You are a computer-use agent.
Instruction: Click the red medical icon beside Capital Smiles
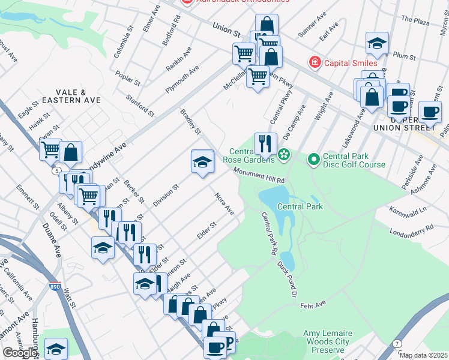coord(313,62)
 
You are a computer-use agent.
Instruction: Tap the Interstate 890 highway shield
coord(55,287)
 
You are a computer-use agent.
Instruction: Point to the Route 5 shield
coord(56,171)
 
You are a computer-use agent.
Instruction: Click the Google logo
coord(20,353)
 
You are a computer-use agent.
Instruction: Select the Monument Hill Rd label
coord(259,176)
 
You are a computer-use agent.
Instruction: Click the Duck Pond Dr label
coord(288,272)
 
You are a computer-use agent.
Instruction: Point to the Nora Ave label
coord(224,203)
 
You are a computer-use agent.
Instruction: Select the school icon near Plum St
coord(376,43)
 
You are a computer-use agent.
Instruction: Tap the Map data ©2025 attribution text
coord(424,355)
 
